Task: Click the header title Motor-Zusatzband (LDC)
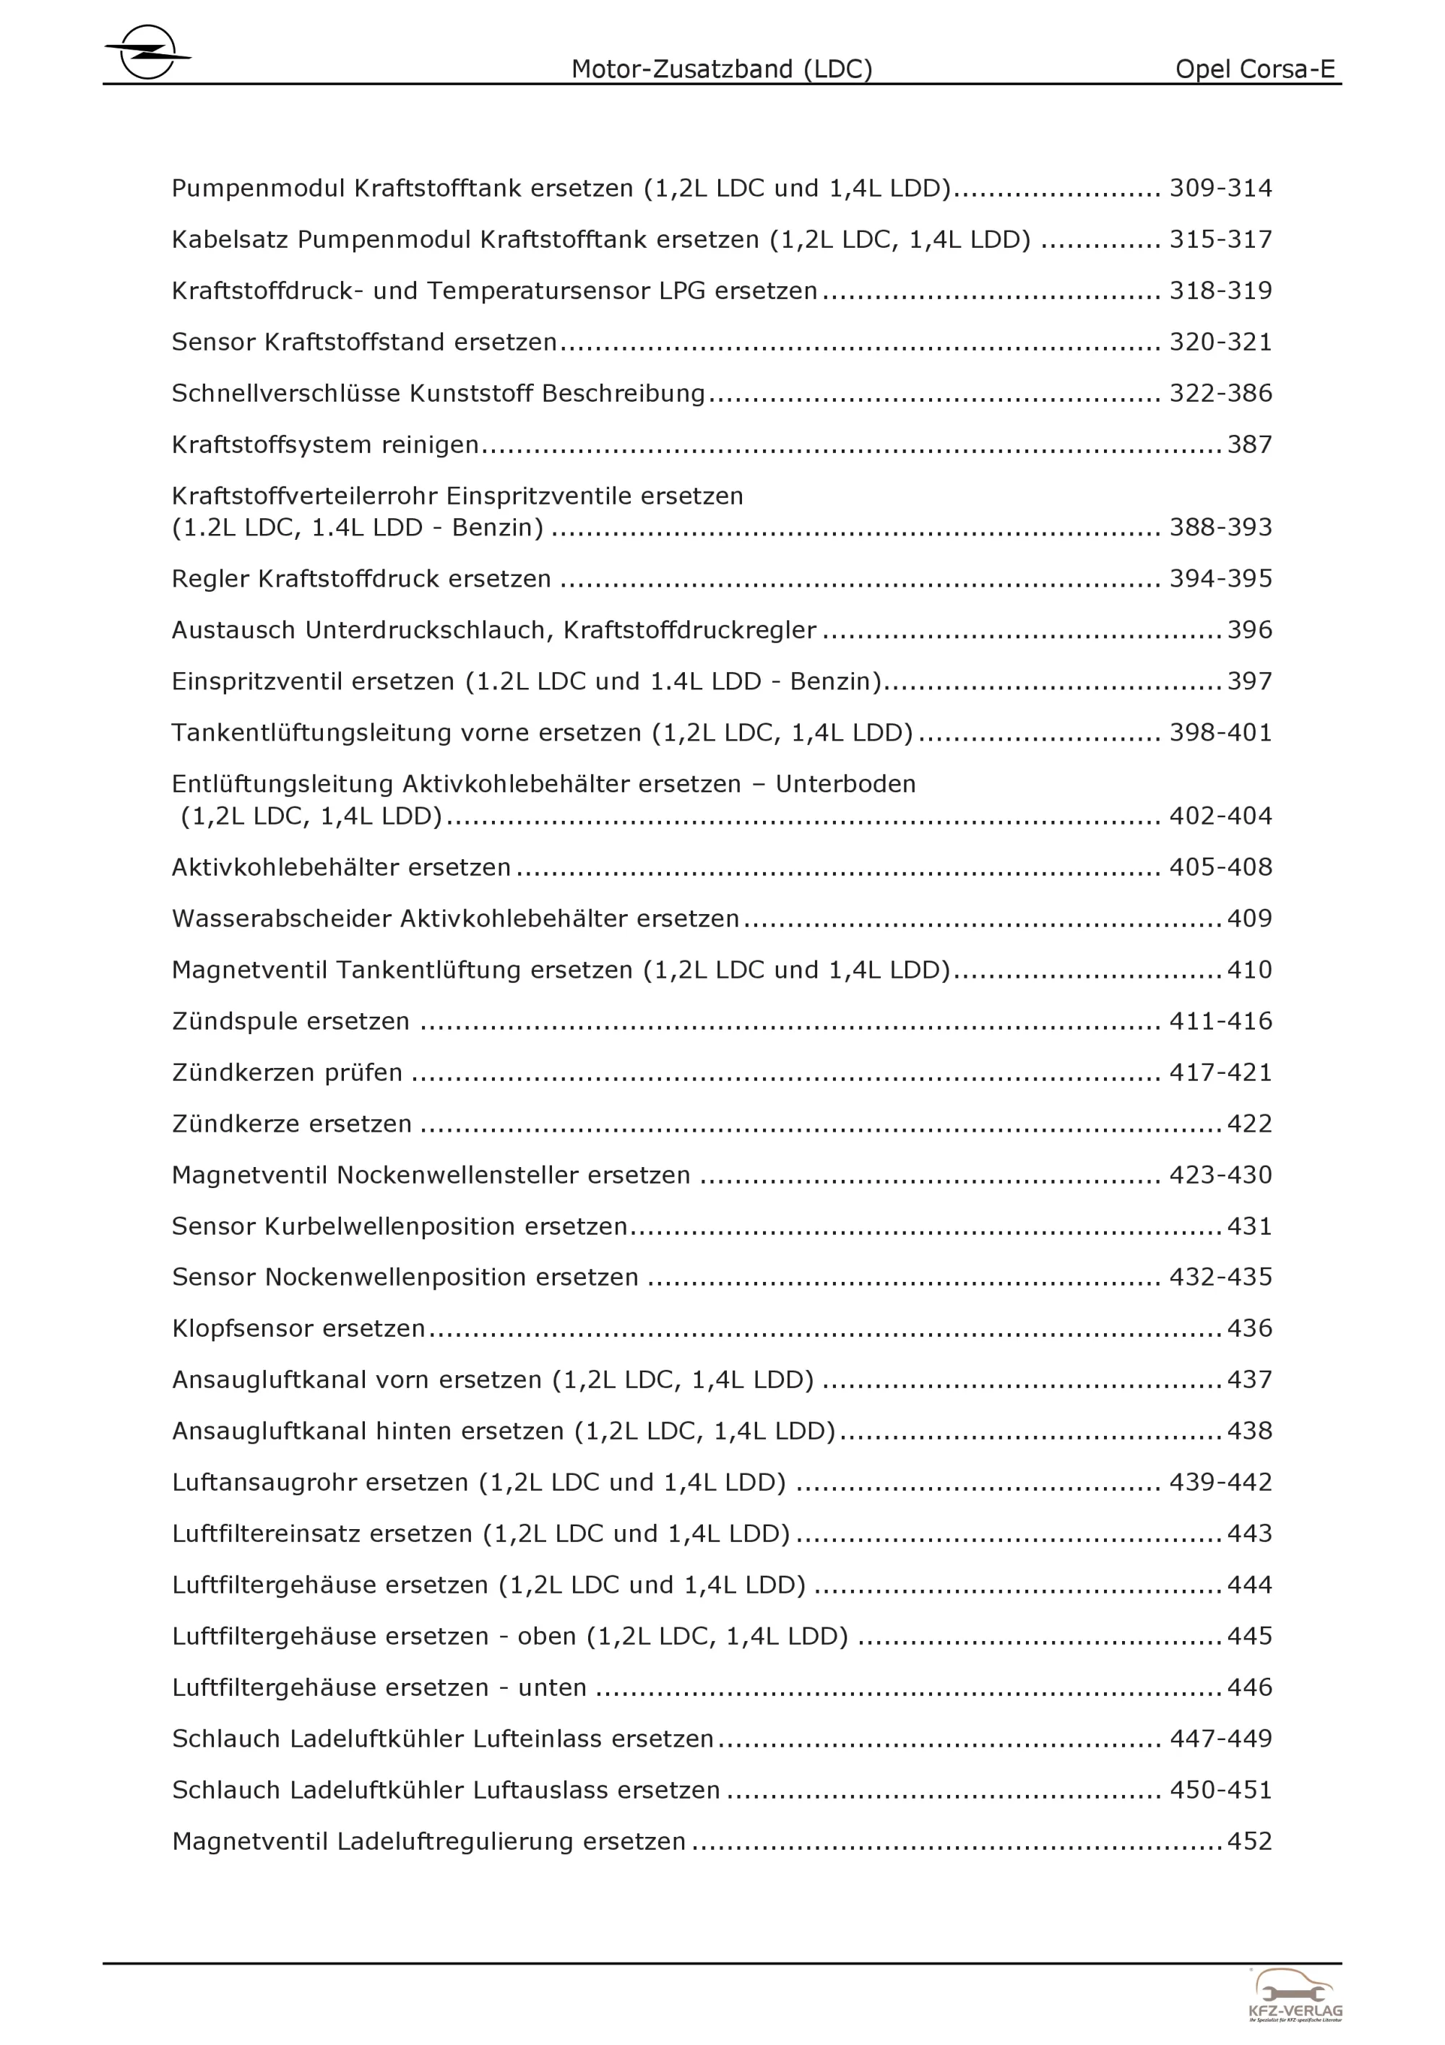click(x=721, y=69)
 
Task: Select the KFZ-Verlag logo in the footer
click(x=1295, y=1995)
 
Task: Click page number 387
click(x=1249, y=444)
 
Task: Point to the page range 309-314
click(x=1220, y=189)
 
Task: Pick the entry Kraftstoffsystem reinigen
click(x=325, y=444)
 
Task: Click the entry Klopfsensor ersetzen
click(x=298, y=1328)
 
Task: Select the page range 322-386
click(x=1220, y=394)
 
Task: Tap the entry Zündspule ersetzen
click(x=290, y=1021)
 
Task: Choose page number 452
click(x=1249, y=1841)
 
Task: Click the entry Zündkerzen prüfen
click(x=287, y=1072)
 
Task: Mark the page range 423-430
click(x=1220, y=1175)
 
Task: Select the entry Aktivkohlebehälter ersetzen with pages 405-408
click(x=341, y=868)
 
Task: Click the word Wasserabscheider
click(x=281, y=918)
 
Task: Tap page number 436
click(x=1249, y=1328)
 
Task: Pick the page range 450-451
click(x=1220, y=1789)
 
